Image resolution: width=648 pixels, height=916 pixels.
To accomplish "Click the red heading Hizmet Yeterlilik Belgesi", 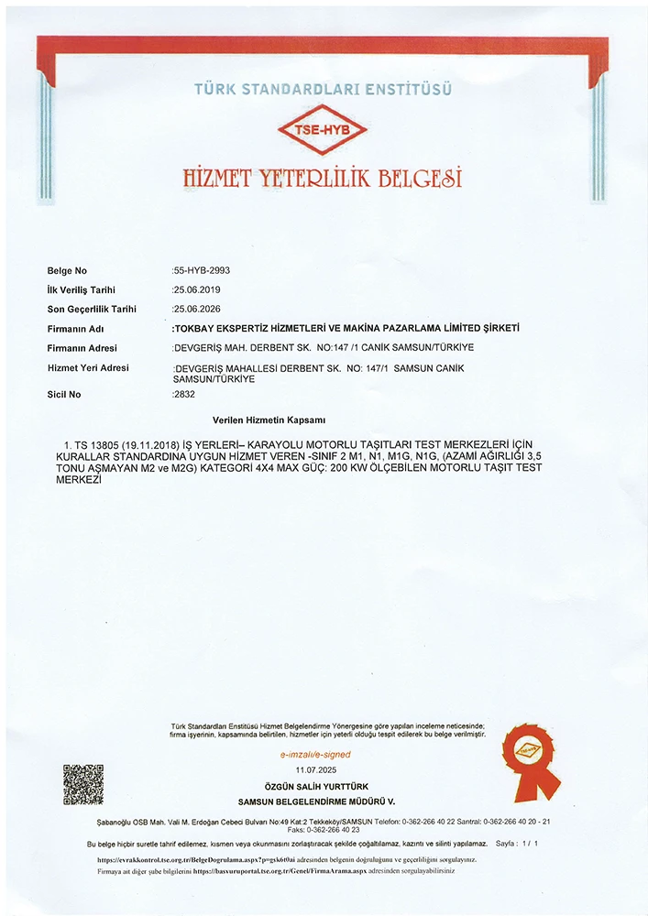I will click(x=323, y=177).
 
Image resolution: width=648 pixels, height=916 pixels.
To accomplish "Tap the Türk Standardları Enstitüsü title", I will click(x=323, y=89).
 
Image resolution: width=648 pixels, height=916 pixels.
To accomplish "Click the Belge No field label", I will click(x=67, y=271).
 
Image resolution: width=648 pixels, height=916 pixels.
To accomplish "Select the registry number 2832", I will click(x=184, y=394).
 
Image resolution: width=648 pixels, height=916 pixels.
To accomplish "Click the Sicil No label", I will click(x=64, y=395).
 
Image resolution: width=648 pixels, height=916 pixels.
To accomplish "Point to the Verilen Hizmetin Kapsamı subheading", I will click(x=269, y=419).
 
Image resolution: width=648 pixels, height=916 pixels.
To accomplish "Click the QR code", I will click(x=82, y=784).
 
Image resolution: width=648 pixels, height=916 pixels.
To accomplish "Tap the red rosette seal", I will click(x=531, y=768).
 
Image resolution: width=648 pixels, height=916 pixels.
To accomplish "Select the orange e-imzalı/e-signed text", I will click(x=314, y=755).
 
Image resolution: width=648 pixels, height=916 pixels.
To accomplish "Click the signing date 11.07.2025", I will click(x=315, y=771).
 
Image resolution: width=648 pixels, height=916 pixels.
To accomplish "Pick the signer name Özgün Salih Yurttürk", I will click(x=315, y=789).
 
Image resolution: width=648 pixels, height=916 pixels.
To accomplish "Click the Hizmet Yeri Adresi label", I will click(x=88, y=367).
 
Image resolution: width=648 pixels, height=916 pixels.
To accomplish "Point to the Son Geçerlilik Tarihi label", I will click(x=92, y=309).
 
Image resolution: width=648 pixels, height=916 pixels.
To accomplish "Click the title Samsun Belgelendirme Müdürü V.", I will click(x=315, y=801).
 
